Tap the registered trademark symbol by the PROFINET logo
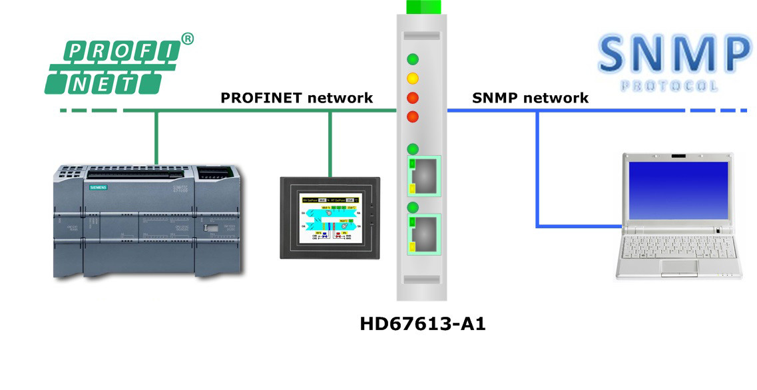coord(188,39)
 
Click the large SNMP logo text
coord(672,54)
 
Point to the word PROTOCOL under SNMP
coord(669,86)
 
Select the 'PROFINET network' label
coord(297,98)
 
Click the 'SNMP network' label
coord(530,98)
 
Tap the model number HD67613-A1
coord(423,324)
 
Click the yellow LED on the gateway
coord(413,78)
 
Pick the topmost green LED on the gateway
coord(413,59)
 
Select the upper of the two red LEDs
coord(413,98)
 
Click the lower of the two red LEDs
coord(413,117)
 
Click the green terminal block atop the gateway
coord(423,7)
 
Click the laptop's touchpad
coord(678,268)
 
